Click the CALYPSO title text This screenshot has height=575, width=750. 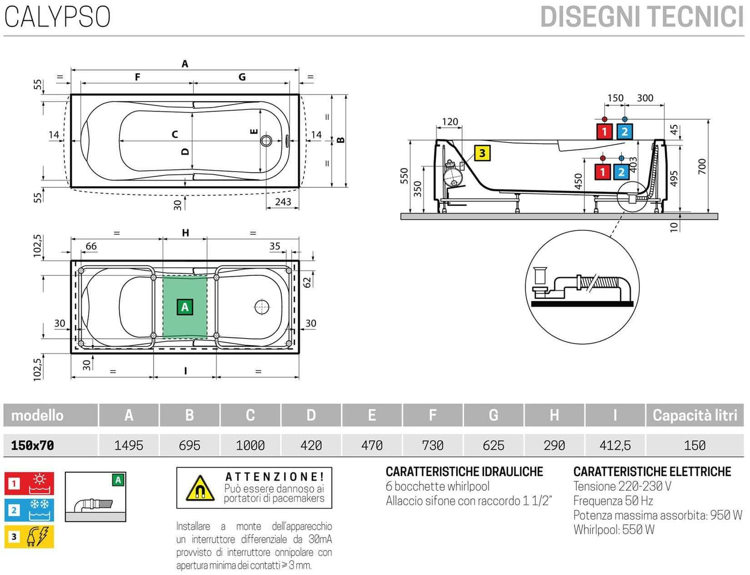point(58,17)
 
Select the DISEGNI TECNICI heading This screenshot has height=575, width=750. point(642,17)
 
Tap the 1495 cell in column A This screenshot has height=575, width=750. point(129,445)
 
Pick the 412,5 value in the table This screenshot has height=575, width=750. point(615,445)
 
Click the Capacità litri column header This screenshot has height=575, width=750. point(694,415)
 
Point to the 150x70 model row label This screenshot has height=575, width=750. point(33,445)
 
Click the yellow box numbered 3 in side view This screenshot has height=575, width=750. point(482,153)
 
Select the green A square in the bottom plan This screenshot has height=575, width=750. point(185,307)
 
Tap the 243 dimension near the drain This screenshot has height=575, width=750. point(283,202)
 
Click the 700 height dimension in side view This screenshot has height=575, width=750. point(702,166)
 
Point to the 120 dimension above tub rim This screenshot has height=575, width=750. point(450,122)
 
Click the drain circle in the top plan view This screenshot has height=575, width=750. point(266,141)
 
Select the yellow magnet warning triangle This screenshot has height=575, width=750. point(200,488)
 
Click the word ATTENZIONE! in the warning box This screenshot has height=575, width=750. point(275,476)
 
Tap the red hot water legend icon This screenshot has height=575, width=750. point(29,483)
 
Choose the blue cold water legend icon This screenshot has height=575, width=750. point(29,510)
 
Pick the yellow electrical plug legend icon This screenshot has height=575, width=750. point(29,537)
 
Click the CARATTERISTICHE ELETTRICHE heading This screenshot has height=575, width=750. point(652,471)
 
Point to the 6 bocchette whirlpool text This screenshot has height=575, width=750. point(438,486)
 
